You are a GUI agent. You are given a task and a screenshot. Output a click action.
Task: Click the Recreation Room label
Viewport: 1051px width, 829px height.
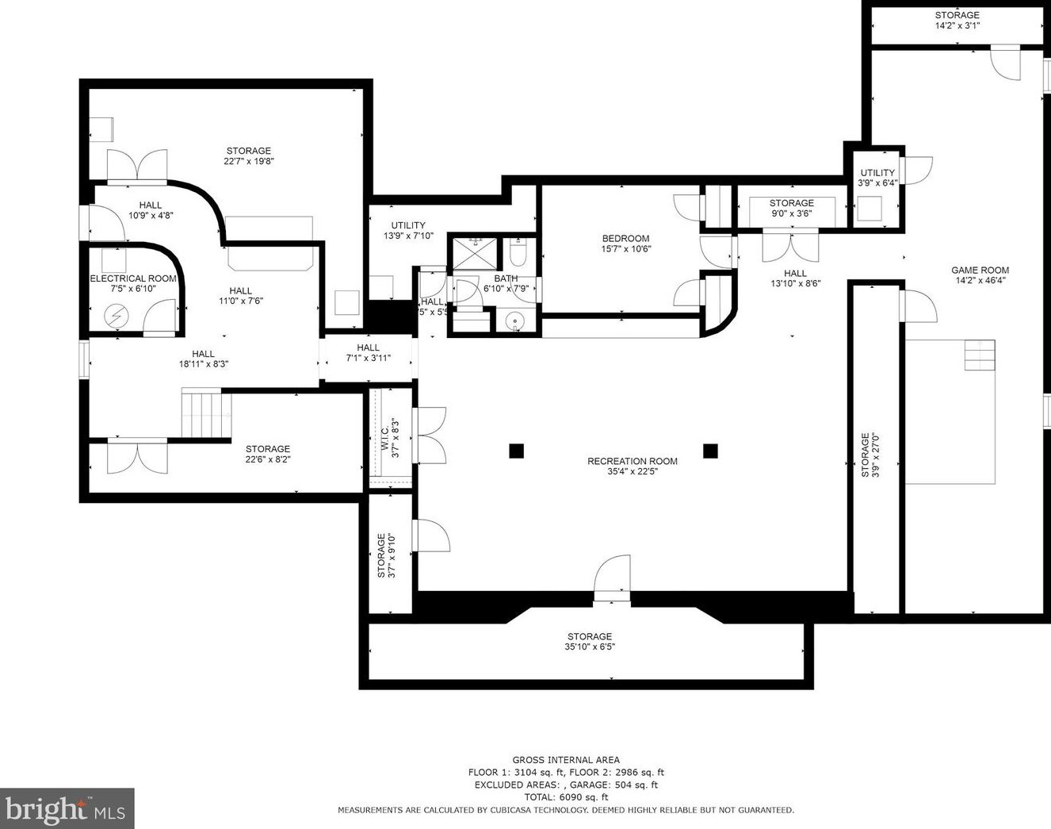click(x=632, y=461)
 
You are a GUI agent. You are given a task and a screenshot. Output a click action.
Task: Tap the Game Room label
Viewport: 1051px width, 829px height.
click(x=980, y=270)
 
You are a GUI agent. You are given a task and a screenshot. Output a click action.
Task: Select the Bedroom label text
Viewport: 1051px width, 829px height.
click(x=625, y=239)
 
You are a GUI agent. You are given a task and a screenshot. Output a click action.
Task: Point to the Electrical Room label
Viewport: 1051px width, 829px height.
click(x=133, y=278)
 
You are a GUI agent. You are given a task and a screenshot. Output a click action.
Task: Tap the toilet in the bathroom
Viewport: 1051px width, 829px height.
click(x=517, y=251)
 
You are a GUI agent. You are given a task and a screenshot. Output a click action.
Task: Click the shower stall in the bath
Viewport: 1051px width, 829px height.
click(x=474, y=253)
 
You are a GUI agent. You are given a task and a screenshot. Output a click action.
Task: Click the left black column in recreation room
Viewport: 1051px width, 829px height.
click(x=516, y=451)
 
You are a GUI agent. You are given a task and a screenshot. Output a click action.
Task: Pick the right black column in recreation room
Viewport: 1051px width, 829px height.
click(x=710, y=451)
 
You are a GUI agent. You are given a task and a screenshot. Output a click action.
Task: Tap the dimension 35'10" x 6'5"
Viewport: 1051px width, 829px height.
click(x=590, y=647)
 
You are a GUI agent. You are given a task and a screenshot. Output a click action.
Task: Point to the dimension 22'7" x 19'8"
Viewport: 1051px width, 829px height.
click(x=249, y=161)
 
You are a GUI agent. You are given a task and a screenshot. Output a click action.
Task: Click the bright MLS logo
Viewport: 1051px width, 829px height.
click(x=67, y=809)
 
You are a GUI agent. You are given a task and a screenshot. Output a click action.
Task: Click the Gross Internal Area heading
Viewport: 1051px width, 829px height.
click(x=566, y=760)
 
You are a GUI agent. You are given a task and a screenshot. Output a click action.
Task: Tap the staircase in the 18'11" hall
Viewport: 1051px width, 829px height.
click(x=206, y=413)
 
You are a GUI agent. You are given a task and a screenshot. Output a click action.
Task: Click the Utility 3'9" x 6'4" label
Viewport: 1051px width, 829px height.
click(x=877, y=178)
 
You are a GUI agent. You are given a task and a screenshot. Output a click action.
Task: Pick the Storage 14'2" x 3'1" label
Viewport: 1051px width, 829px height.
click(x=957, y=20)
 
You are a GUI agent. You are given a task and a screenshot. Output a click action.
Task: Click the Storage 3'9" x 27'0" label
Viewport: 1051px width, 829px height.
click(x=869, y=455)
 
